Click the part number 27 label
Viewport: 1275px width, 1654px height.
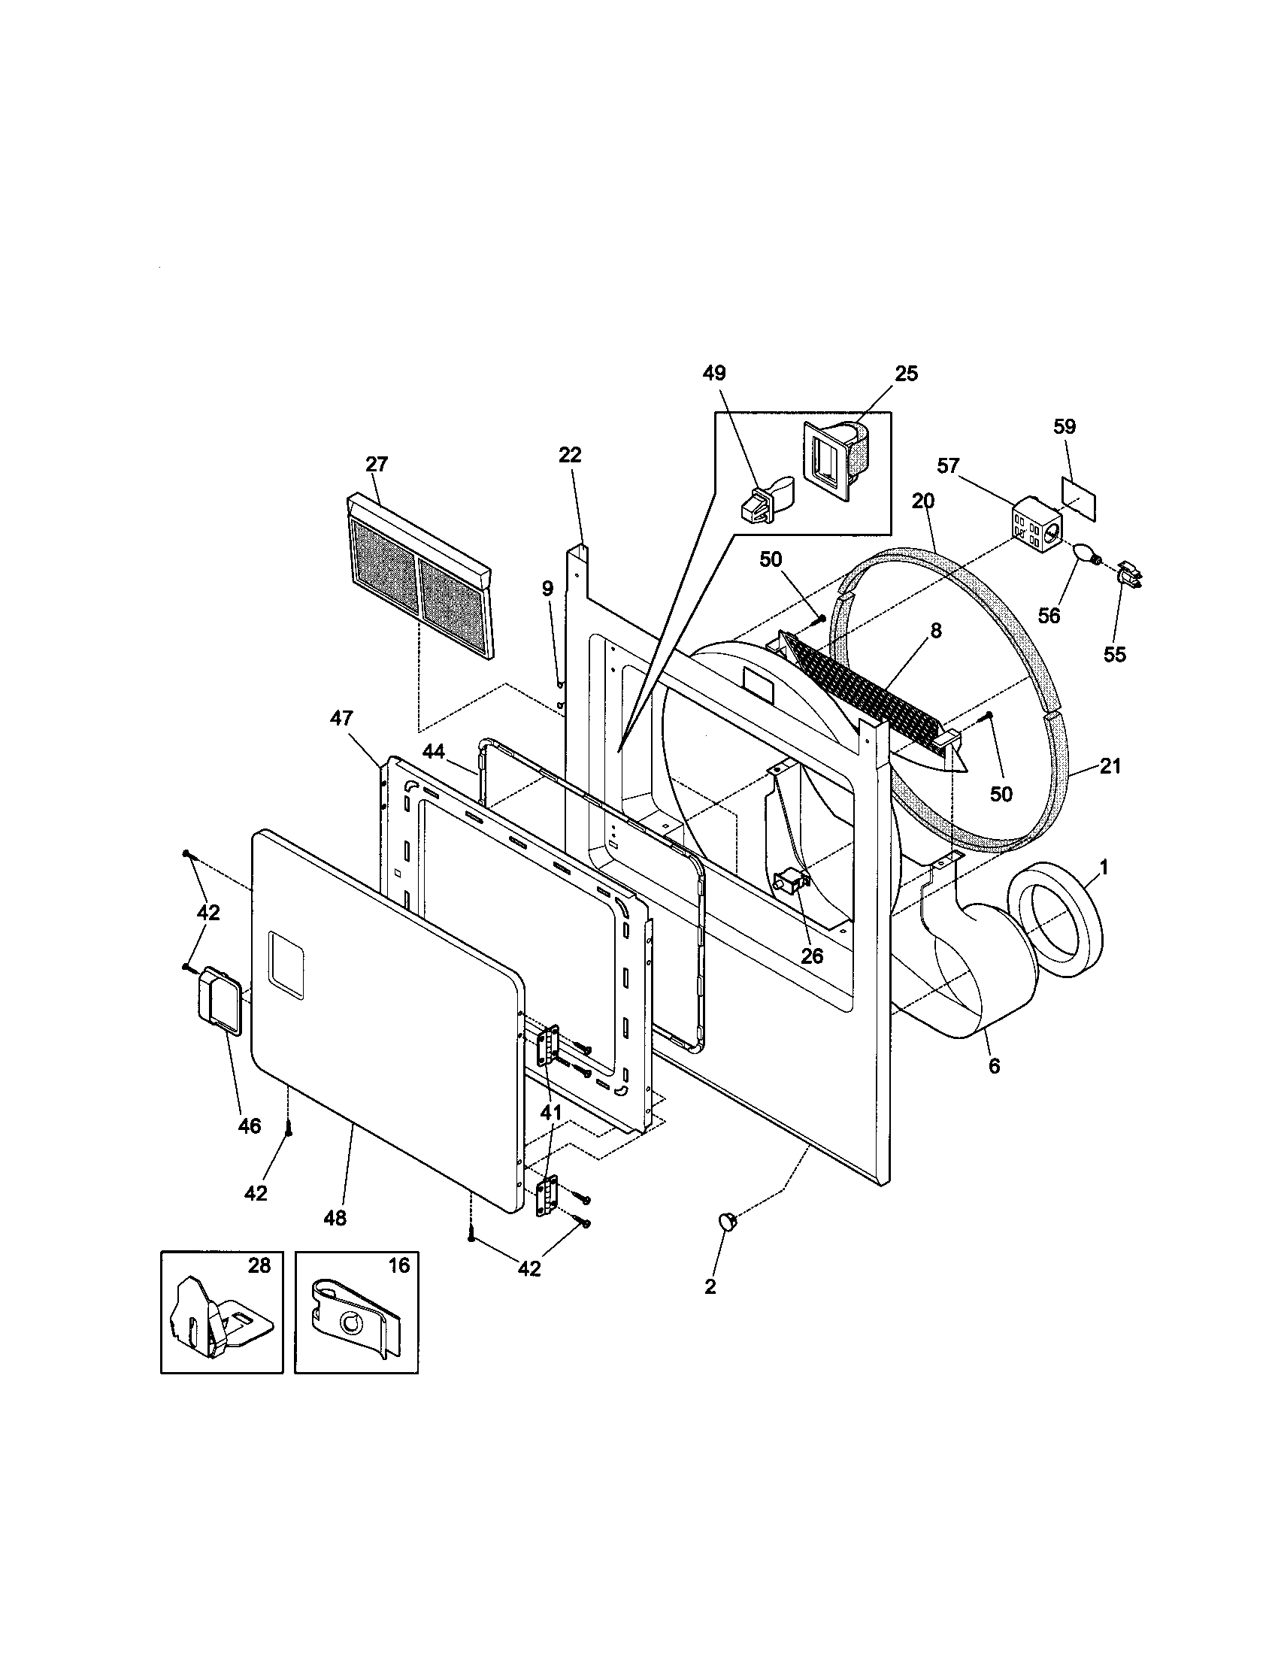point(377,464)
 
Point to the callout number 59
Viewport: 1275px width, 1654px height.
point(1065,426)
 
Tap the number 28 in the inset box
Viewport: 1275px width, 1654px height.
point(259,1265)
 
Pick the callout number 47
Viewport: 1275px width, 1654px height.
point(341,717)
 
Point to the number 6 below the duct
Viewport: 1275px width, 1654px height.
point(994,1066)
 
